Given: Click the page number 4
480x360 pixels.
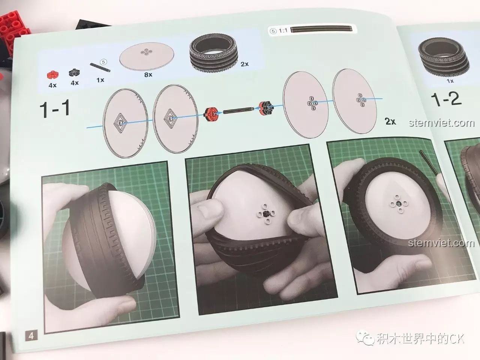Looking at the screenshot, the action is point(31,335).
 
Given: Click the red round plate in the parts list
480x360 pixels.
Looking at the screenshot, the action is point(53,75).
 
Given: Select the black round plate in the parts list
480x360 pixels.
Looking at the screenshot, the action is point(74,72).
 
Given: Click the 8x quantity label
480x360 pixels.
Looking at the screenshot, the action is point(148,75).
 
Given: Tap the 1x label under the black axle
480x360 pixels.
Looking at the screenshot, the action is point(100,80).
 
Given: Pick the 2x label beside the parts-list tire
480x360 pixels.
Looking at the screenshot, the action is point(244,64).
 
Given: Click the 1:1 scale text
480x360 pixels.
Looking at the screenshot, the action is point(283,31).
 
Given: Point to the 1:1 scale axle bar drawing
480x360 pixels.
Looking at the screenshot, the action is point(321,29).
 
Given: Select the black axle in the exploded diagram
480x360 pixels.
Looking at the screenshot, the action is point(238,110).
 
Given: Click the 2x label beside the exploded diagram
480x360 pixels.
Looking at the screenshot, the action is point(390,121).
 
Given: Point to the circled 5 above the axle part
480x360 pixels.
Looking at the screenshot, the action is point(103,62).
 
